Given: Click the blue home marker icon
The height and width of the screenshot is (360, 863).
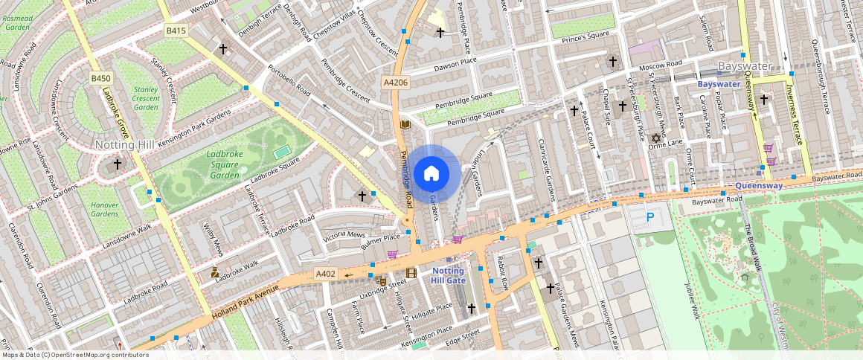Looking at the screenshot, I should pyautogui.click(x=431, y=174).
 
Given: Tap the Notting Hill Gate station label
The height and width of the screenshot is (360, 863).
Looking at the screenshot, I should pyautogui.click(x=449, y=275).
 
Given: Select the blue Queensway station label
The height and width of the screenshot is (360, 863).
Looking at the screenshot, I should pyautogui.click(x=757, y=185).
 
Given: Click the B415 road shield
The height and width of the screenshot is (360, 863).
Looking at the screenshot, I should pyautogui.click(x=175, y=30).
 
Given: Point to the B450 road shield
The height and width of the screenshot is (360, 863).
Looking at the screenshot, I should pyautogui.click(x=101, y=78).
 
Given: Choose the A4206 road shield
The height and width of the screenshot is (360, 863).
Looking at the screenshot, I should pyautogui.click(x=395, y=83).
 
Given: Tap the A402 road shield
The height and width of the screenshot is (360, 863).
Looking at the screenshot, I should pyautogui.click(x=327, y=274).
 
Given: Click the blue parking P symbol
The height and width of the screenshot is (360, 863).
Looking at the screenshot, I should pyautogui.click(x=649, y=217).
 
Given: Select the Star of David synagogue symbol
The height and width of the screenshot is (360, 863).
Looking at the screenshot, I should pyautogui.click(x=656, y=138).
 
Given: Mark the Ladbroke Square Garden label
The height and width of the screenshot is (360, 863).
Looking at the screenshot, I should pyautogui.click(x=225, y=164).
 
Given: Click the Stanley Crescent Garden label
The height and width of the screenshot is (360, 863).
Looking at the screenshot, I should pyautogui.click(x=145, y=97).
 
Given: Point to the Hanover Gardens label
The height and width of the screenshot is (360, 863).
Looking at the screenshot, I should pyautogui.click(x=104, y=209).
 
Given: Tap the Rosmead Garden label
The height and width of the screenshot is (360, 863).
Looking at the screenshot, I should pyautogui.click(x=16, y=22).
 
